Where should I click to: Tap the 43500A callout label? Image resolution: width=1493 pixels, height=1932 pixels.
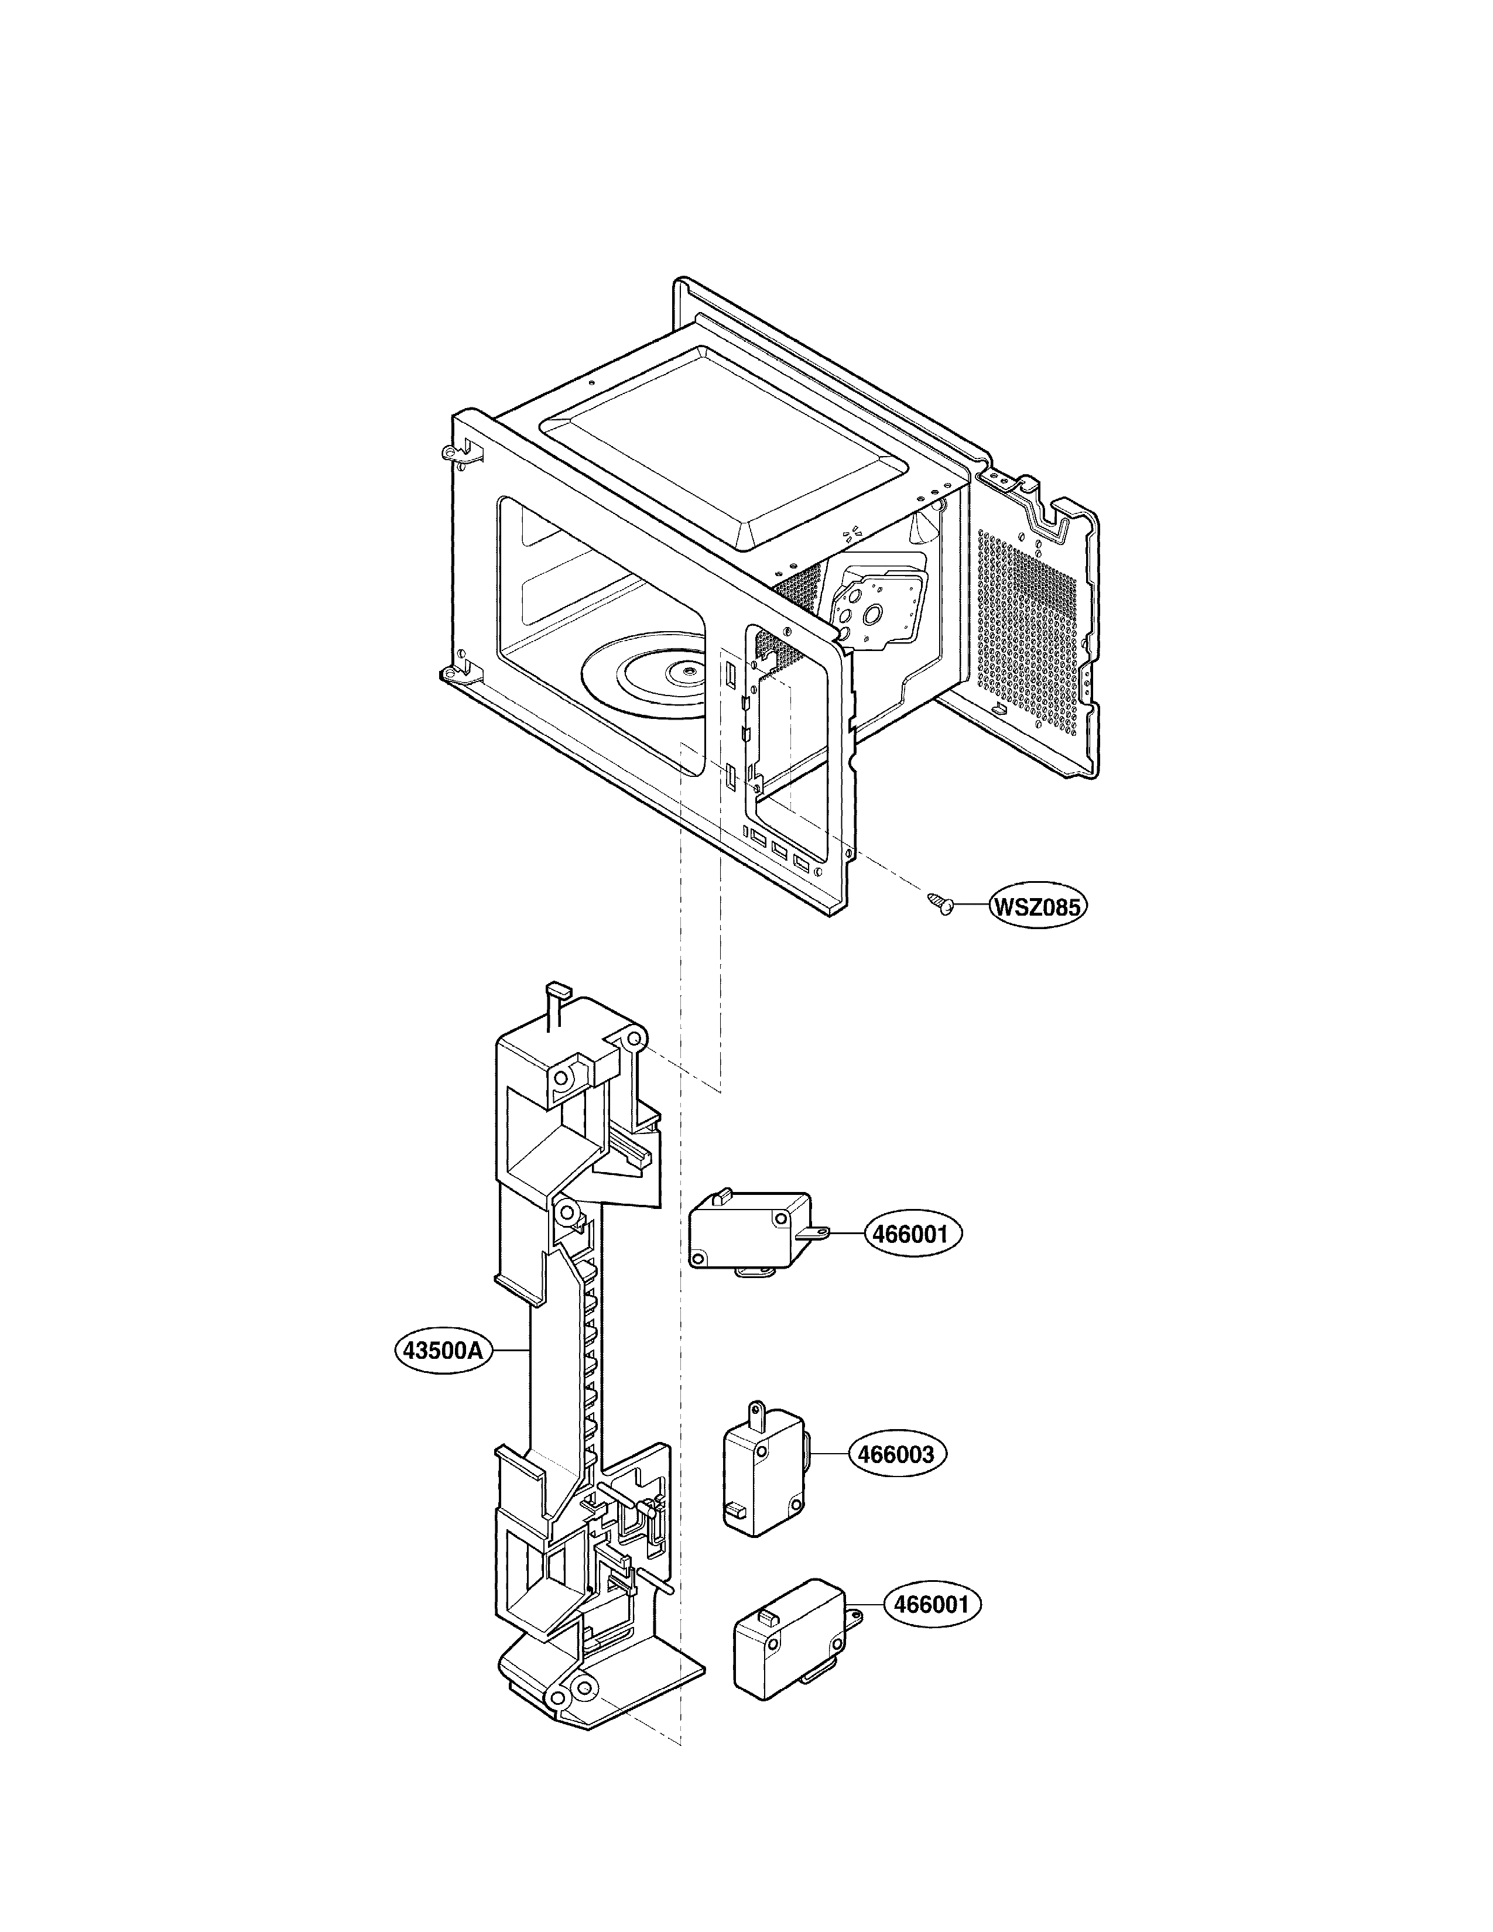pos(442,1376)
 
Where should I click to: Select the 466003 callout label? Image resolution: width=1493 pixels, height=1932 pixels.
pos(892,1454)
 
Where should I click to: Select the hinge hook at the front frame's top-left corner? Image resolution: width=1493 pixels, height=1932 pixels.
pos(454,453)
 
